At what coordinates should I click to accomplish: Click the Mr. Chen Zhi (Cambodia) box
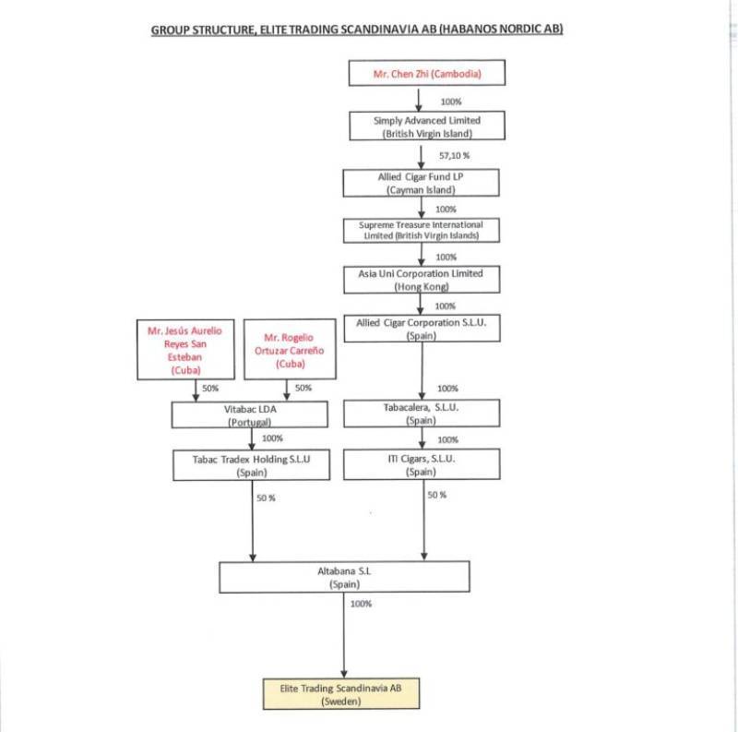(427, 73)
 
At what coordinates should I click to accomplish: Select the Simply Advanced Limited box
(427, 126)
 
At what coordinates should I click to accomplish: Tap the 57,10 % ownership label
(454, 155)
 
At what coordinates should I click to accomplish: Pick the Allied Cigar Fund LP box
(421, 183)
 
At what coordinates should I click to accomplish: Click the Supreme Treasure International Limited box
(422, 231)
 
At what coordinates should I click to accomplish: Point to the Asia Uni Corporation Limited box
(422, 280)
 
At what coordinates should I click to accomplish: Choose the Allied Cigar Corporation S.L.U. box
(422, 329)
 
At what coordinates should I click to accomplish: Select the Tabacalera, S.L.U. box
(422, 414)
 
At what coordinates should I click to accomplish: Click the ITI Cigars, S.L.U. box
(422, 464)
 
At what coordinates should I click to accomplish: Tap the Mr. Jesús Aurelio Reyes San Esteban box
(185, 350)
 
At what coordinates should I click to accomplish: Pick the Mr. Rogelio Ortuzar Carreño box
(290, 349)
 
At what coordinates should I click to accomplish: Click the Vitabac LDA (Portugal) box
(249, 414)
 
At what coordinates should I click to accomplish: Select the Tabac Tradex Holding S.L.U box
(251, 465)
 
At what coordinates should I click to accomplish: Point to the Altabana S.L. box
(344, 577)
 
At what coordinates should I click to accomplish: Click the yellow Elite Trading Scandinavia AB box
(341, 694)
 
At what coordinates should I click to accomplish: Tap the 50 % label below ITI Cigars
(436, 495)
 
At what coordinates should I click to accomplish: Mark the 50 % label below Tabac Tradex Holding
(266, 498)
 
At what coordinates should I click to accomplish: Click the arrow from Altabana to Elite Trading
(343, 635)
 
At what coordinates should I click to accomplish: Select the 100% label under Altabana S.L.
(361, 604)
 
